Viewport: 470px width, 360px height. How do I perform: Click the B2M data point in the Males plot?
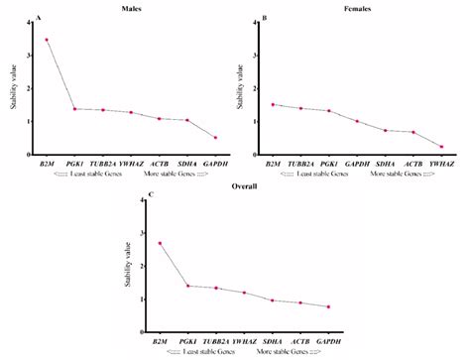click(46, 40)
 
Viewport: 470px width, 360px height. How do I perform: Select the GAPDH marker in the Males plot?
click(215, 138)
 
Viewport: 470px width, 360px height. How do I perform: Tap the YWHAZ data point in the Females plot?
click(441, 147)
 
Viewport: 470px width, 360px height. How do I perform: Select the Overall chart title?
click(244, 183)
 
